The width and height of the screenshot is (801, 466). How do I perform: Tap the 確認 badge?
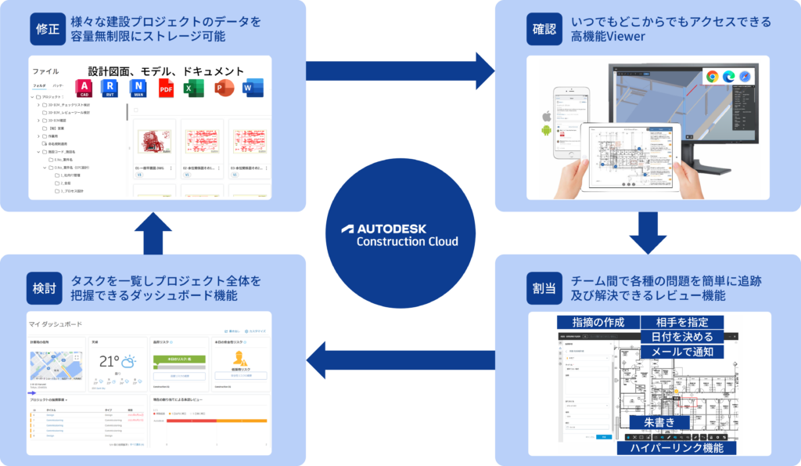pyautogui.click(x=544, y=30)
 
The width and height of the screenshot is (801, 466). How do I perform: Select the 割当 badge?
pyautogui.click(x=544, y=287)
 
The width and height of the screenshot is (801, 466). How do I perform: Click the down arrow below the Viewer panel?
pyautogui.click(x=648, y=233)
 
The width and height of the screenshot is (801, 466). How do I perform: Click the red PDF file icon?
pyautogui.click(x=166, y=88)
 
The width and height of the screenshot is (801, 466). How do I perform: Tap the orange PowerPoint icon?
pyautogui.click(x=224, y=88)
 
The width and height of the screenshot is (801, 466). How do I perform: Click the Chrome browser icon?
pyautogui.click(x=712, y=76)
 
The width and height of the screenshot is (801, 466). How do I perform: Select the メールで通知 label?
pyautogui.click(x=677, y=352)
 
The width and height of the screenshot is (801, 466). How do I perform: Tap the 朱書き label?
pyautogui.click(x=660, y=422)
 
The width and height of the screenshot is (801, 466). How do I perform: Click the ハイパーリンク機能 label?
pyautogui.click(x=676, y=447)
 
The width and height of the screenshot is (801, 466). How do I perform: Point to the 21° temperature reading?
pyautogui.click(x=109, y=362)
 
